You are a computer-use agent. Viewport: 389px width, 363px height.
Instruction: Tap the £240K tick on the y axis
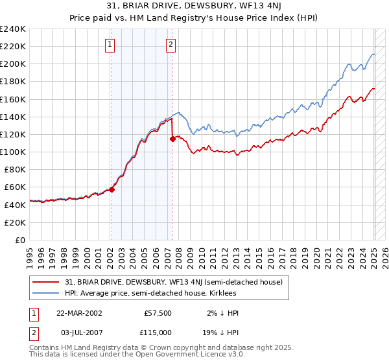pyautogui.click(x=13, y=29)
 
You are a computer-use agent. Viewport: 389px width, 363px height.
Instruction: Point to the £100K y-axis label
pyautogui.click(x=13, y=152)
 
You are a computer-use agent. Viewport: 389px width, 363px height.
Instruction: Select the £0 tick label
pyautogui.click(x=21, y=240)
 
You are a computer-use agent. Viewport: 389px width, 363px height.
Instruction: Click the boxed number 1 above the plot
pyautogui.click(x=111, y=45)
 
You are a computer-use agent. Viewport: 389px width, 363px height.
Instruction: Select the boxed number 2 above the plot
pyautogui.click(x=171, y=45)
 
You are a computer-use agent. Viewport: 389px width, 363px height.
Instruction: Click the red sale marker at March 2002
pyautogui.click(x=112, y=189)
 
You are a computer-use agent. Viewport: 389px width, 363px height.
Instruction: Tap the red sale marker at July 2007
pyautogui.click(x=173, y=139)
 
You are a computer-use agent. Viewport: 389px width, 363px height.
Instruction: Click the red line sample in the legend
pyautogui.click(x=46, y=282)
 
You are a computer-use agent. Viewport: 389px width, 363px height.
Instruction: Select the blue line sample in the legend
pyautogui.click(x=46, y=293)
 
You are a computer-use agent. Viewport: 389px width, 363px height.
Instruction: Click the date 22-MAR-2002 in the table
pyautogui.click(x=79, y=312)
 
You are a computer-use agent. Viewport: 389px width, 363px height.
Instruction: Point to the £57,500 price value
pyautogui.click(x=158, y=312)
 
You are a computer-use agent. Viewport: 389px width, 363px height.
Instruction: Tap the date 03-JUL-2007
pyautogui.click(x=79, y=331)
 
